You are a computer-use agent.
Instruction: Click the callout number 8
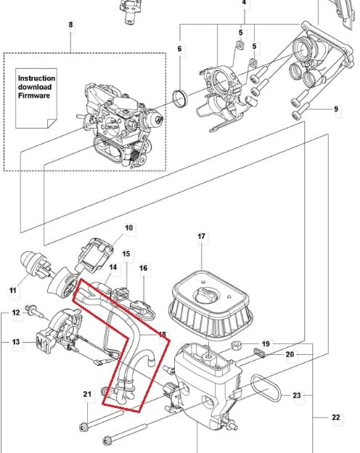coord(71,25)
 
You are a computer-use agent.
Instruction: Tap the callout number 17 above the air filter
coord(201,237)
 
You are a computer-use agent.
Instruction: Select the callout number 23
coord(297,395)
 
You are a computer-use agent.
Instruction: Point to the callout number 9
coord(336,109)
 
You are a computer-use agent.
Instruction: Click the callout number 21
coord(87,394)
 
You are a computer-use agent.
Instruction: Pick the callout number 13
coord(16,342)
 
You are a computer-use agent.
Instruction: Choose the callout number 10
coord(129,228)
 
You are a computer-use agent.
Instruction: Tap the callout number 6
coord(179,49)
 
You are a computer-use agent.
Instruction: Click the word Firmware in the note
coord(34,95)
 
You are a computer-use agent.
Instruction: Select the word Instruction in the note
coord(36,78)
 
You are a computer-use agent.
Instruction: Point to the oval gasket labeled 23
coord(266,388)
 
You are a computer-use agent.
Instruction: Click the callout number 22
coord(336,417)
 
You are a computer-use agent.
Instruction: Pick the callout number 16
coord(143,268)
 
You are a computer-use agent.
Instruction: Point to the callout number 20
coord(290,354)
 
